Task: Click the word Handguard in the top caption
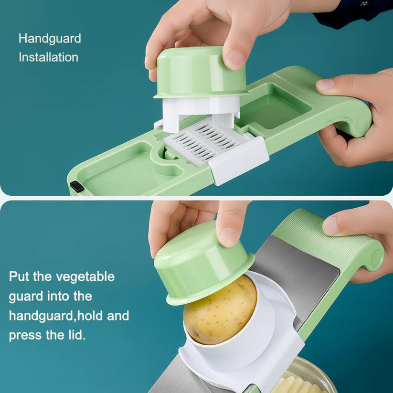(50, 39)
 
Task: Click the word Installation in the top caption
(48, 57)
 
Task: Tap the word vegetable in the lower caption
(85, 276)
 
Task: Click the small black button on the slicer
(76, 186)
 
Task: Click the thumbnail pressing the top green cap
(235, 60)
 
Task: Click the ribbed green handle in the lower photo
(334, 239)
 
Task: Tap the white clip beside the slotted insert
(239, 160)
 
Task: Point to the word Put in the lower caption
(19, 276)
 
